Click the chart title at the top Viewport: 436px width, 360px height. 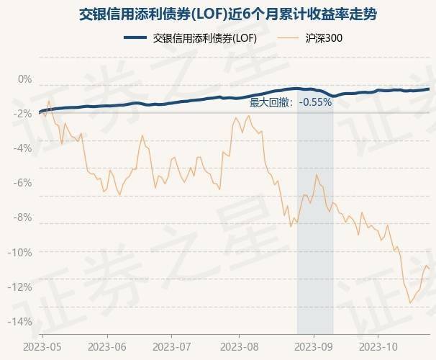point(218,14)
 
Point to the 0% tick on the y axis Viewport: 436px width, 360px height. point(24,79)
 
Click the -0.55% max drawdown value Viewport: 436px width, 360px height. point(316,102)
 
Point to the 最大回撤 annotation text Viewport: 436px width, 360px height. point(270,102)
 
